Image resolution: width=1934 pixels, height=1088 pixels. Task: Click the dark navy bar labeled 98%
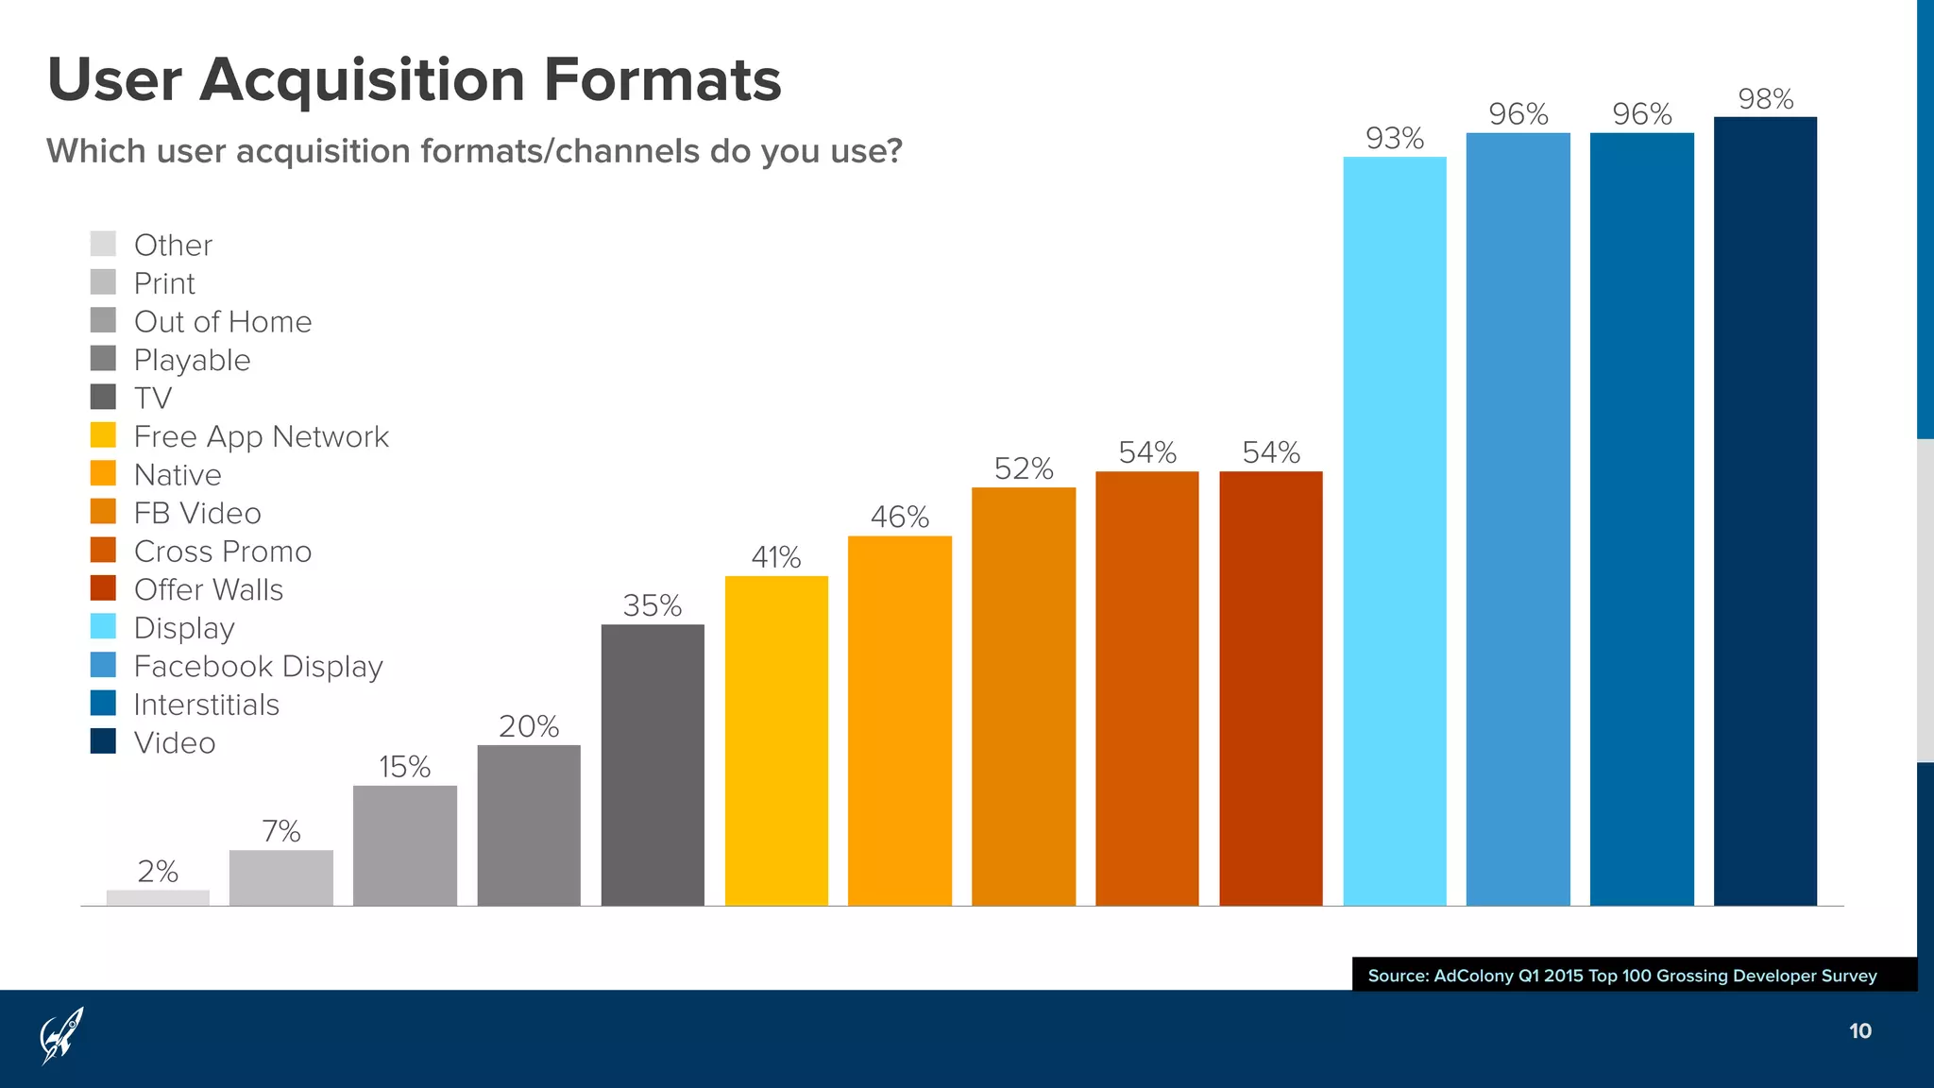click(x=1765, y=510)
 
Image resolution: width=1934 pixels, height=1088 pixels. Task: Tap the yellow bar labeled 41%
click(x=776, y=740)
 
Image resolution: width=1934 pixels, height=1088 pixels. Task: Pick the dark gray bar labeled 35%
click(x=653, y=765)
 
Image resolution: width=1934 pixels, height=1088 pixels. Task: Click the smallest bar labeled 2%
click(x=158, y=897)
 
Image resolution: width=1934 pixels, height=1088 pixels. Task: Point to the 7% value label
click(x=280, y=831)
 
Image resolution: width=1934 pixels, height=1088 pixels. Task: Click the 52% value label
click(x=1024, y=468)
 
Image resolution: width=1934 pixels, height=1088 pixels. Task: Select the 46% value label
click(x=900, y=517)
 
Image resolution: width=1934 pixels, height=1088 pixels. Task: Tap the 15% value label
click(x=404, y=766)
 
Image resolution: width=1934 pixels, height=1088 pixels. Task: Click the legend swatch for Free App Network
click(x=103, y=435)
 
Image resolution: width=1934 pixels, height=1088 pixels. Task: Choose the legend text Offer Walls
click(x=209, y=589)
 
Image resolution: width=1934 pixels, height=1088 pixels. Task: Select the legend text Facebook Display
click(x=258, y=666)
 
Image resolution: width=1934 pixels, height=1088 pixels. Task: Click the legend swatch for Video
click(x=103, y=741)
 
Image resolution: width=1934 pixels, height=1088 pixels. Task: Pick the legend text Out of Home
click(x=223, y=321)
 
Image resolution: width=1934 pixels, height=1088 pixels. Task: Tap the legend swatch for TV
click(x=103, y=397)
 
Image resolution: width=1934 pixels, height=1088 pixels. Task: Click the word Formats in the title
click(x=662, y=79)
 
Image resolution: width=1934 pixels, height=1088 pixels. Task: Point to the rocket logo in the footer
click(x=61, y=1035)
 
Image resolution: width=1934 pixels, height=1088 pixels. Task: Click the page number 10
click(x=1859, y=1031)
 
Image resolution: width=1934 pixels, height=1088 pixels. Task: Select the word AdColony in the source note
click(x=1472, y=976)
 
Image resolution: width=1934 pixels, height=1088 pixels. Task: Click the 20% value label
click(x=529, y=726)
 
